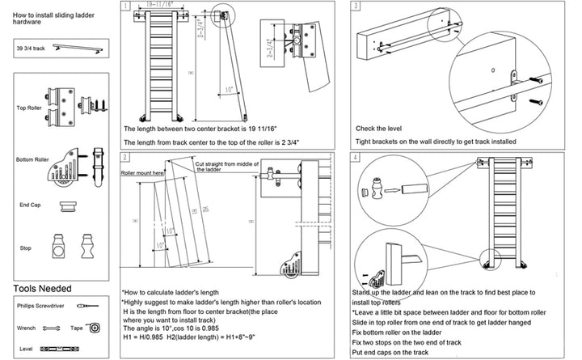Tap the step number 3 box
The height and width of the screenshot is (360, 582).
point(356,6)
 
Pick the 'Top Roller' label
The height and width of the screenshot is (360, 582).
point(29,106)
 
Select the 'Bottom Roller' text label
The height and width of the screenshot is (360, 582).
point(33,159)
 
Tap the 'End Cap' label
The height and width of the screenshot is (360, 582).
point(29,205)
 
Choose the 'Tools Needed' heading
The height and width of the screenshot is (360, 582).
point(42,289)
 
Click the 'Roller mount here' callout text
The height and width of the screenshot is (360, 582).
point(142,173)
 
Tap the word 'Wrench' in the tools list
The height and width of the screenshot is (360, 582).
point(26,328)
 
